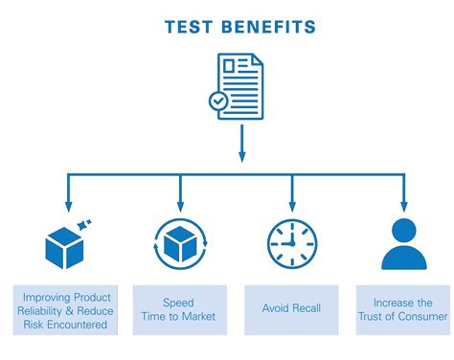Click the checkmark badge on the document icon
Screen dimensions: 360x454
click(x=219, y=100)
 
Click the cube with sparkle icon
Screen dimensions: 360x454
click(x=66, y=244)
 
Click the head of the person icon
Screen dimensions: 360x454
click(x=404, y=231)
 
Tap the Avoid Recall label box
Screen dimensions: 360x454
click(x=292, y=309)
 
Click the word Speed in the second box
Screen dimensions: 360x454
click(x=179, y=302)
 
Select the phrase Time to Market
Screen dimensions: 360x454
click(x=179, y=317)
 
